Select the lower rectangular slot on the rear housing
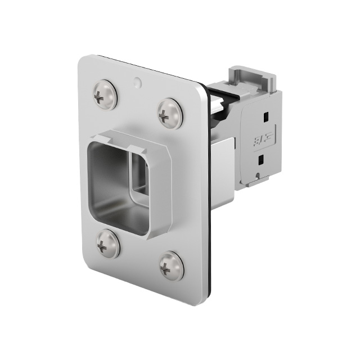[x=259, y=160]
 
